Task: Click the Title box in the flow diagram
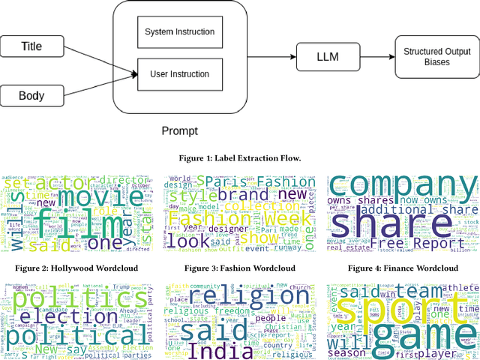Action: point(31,46)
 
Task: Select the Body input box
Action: point(31,96)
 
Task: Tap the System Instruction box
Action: point(179,31)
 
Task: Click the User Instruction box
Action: point(179,74)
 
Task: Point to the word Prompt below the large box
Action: point(179,131)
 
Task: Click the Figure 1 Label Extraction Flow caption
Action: point(239,157)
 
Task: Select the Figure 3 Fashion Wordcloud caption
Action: point(239,268)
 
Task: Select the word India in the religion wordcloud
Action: point(224,350)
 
